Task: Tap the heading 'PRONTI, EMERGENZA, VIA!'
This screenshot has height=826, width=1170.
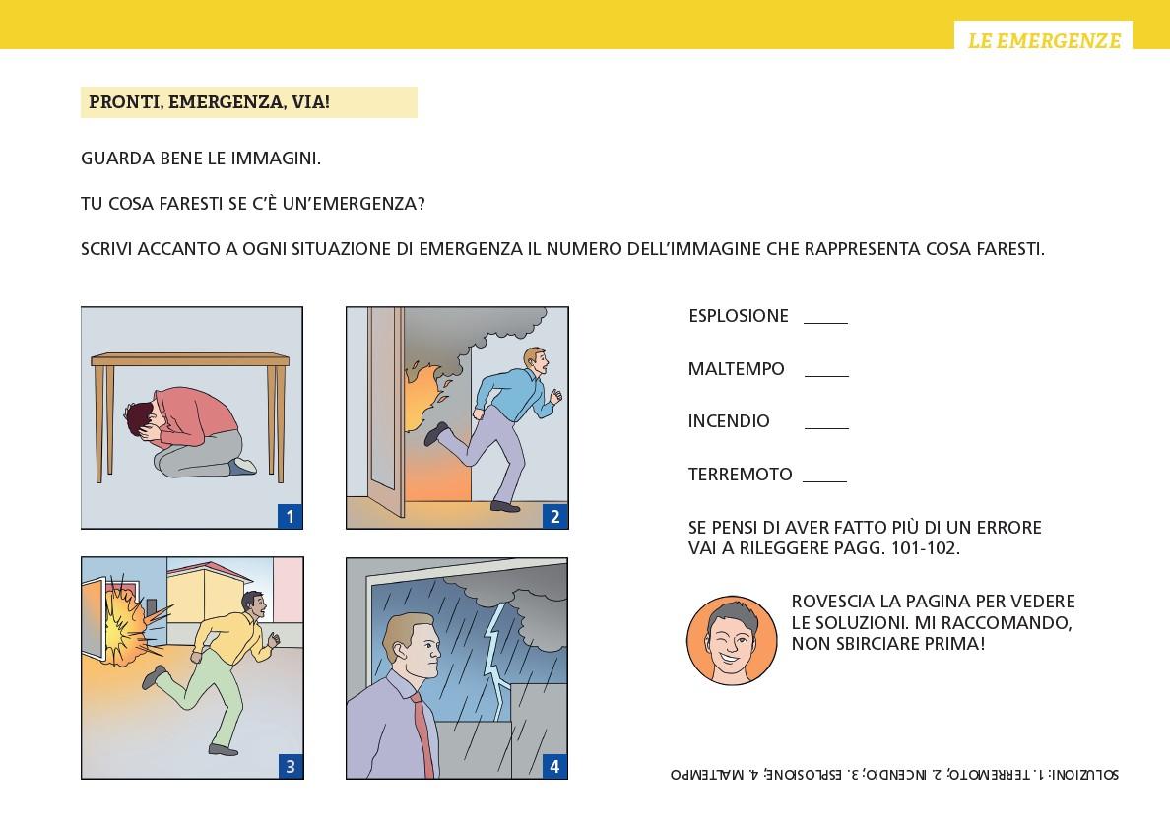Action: coord(210,102)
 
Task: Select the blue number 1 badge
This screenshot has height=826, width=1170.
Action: coord(290,516)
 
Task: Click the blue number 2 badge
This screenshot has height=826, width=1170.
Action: coord(554,516)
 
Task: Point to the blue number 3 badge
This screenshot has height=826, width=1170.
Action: coord(290,766)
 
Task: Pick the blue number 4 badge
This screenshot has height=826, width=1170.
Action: coord(554,766)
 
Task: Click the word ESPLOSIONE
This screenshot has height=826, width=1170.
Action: coord(738,316)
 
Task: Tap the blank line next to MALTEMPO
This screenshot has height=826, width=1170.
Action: coord(826,376)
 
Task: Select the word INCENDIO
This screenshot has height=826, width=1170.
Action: coord(728,420)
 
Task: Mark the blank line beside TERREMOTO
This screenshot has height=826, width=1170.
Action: coord(824,482)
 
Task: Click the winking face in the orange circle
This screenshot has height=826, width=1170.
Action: coord(731,640)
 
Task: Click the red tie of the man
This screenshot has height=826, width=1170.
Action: coord(423,735)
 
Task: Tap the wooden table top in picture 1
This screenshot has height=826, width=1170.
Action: coord(190,359)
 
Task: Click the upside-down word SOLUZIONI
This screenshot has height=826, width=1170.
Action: coord(1085,774)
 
